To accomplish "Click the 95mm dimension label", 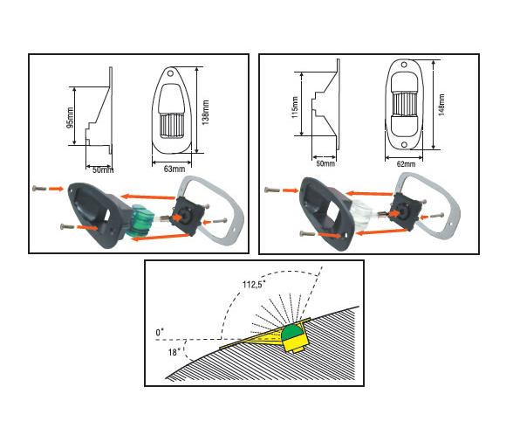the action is pyautogui.click(x=71, y=118).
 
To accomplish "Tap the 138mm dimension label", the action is pyautogui.click(x=206, y=113).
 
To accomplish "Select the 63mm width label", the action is pyautogui.click(x=174, y=169).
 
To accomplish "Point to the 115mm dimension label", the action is pyautogui.click(x=295, y=107).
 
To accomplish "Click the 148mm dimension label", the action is pyautogui.click(x=441, y=105).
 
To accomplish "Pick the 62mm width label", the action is pyautogui.click(x=406, y=164).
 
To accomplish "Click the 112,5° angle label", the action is pyautogui.click(x=254, y=285).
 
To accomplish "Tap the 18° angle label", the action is pyautogui.click(x=174, y=352).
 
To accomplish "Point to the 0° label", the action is pyautogui.click(x=160, y=332).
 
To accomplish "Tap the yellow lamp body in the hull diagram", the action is pyautogui.click(x=296, y=344).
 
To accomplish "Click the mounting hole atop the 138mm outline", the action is pyautogui.click(x=170, y=73).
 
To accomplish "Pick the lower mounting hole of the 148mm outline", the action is pyautogui.click(x=404, y=145).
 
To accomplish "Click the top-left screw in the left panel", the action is pyautogui.click(x=38, y=189).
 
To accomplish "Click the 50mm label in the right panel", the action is pyautogui.click(x=325, y=162).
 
